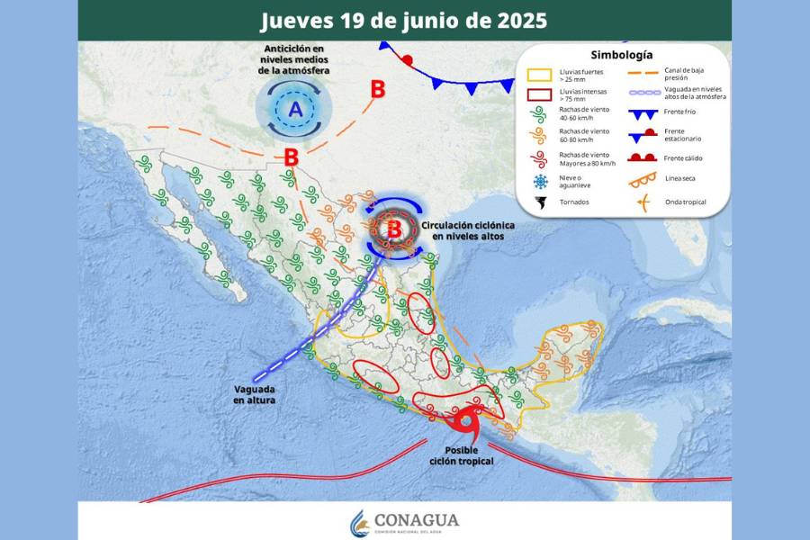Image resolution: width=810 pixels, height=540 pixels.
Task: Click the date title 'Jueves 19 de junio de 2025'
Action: (403, 20)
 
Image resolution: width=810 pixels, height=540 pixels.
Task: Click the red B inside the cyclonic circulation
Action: (393, 229)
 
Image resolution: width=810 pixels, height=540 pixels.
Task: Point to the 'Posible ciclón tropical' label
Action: (462, 455)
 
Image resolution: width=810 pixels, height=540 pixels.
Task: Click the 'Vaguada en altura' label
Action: (255, 394)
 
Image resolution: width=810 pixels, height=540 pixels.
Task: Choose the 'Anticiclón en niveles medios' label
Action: (296, 58)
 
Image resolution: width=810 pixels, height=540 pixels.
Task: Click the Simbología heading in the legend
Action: (622, 55)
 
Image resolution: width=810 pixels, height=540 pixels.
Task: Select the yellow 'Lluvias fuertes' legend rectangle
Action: (539, 74)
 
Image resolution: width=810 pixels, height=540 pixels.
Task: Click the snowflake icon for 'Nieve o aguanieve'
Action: (540, 182)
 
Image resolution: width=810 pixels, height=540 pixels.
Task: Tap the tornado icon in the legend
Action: (539, 202)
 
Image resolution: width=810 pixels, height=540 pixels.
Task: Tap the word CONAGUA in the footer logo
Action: (417, 519)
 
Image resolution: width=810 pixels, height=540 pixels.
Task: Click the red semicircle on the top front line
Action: (408, 60)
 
